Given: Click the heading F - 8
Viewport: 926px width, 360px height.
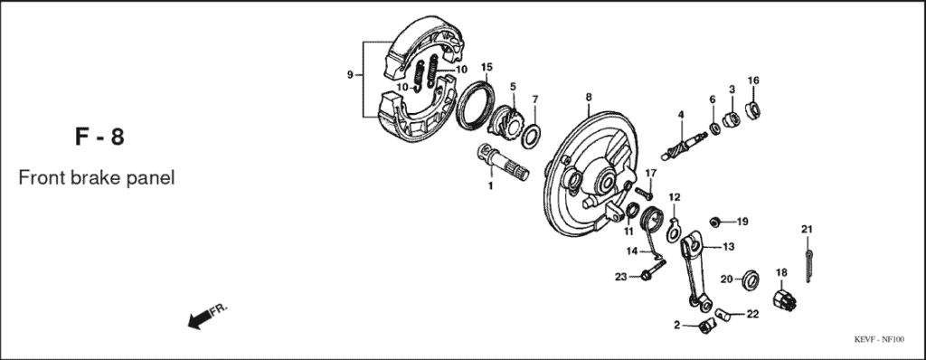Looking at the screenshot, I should pos(99,138).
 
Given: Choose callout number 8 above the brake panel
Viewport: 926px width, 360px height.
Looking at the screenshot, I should pos(588,97).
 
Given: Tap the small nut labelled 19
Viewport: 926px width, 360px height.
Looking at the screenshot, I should pos(715,221).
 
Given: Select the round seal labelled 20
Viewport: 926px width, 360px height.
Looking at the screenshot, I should pos(750,279).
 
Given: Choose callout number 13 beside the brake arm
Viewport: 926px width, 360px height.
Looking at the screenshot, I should pos(728,246).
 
